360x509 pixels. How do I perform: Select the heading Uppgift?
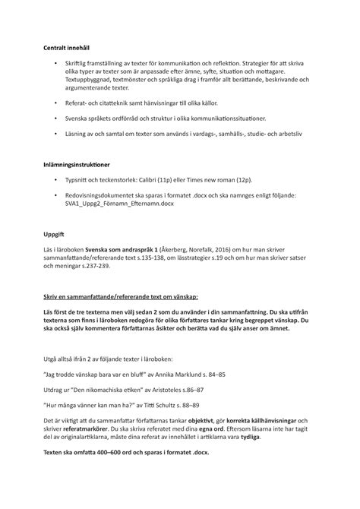(x=55, y=235)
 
